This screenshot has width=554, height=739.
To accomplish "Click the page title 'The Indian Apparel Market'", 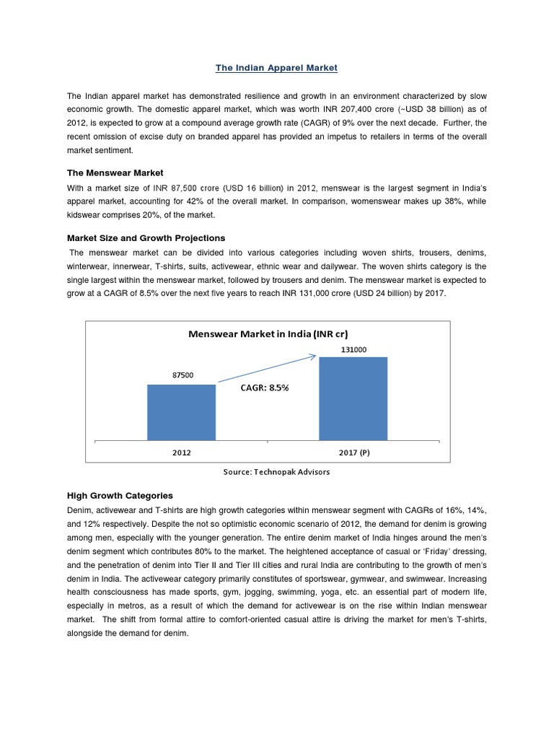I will point(277,68).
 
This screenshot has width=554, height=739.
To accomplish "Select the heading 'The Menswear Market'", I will point(115,172).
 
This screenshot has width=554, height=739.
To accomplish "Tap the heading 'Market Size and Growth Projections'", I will point(146,237).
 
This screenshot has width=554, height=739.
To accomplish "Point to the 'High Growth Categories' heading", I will point(120,495).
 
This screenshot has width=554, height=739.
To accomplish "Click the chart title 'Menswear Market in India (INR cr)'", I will point(268,333).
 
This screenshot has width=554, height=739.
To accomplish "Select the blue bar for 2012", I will point(181,412).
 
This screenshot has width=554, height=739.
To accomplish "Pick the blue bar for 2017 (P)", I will point(353,398).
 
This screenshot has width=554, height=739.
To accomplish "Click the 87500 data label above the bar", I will point(182,375).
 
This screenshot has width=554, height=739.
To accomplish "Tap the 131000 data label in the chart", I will point(353,349).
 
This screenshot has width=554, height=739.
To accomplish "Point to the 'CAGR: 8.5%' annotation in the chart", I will point(264,388).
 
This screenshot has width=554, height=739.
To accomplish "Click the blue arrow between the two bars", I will point(267,367).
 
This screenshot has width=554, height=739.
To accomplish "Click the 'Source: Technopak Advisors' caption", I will point(278,471).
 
